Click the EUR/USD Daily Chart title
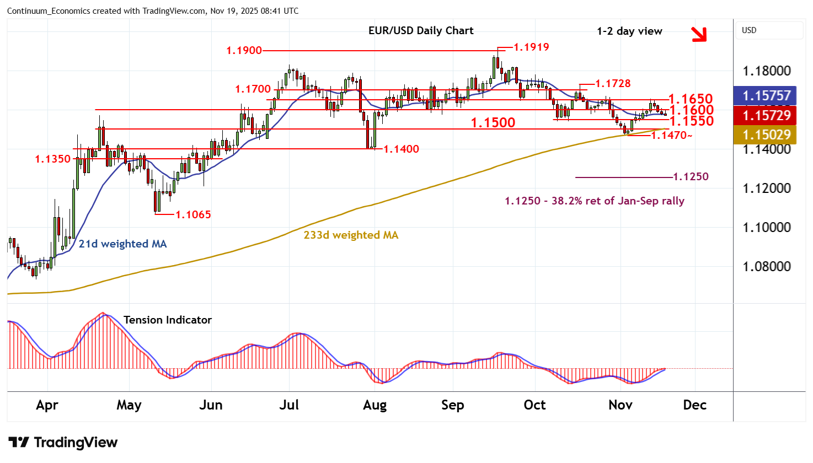421,31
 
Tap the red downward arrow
699,34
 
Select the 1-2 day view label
629,31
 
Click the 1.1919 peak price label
531,47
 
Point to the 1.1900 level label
244,50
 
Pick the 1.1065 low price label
193,214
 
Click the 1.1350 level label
53,159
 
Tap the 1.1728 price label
613,83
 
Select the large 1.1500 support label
493,122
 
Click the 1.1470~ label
671,135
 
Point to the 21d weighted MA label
122,244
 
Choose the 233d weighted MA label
351,235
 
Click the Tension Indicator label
168,320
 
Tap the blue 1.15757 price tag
766,95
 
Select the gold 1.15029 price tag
766,134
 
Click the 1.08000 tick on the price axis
766,266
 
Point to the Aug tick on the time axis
375,405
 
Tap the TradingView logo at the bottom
63,442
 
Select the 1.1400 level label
401,149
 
